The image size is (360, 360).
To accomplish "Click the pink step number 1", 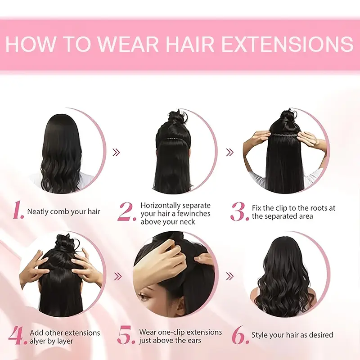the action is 18,210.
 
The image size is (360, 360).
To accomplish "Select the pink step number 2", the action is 127,211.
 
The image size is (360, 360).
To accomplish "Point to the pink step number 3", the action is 239,211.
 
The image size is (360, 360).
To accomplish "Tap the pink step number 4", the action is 18,336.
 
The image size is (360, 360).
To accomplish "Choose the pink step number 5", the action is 126,335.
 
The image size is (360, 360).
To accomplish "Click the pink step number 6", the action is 240,335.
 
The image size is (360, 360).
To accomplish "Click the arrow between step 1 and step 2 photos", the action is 117,152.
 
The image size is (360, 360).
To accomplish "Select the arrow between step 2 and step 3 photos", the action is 230,152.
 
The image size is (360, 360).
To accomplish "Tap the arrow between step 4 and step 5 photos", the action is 118,276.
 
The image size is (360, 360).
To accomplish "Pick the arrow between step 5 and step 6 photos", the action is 230,276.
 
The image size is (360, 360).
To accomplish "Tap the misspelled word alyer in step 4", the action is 38,341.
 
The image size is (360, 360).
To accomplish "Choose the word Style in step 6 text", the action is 260,335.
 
